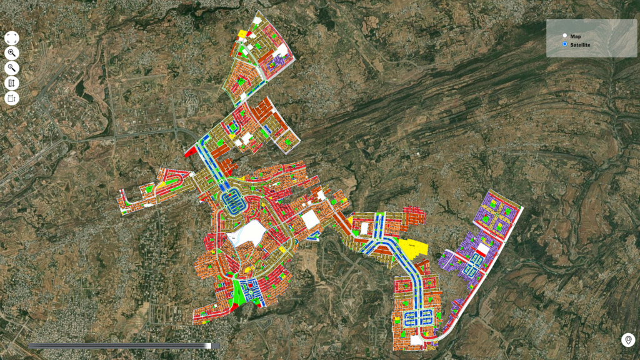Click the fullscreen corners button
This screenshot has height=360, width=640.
pos(12,39)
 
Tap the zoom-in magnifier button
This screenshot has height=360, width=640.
pos(12,54)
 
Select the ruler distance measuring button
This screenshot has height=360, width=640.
pos(12,83)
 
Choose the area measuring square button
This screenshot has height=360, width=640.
pos(12,98)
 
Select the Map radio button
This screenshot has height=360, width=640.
pos(564,36)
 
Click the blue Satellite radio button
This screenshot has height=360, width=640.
pos(564,45)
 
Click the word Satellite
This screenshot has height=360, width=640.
pos(580,45)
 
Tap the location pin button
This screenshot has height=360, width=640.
pos(627,340)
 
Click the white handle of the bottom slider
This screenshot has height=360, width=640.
pos(208,346)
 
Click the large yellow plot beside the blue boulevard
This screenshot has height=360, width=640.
pos(412,247)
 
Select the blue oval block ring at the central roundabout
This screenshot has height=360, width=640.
pos(233,201)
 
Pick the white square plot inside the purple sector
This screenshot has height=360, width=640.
pos(482,249)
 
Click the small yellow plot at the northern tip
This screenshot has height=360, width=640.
pos(242,33)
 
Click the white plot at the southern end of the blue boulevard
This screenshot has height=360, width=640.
pos(416,340)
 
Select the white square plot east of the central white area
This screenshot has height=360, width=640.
pos(309,219)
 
